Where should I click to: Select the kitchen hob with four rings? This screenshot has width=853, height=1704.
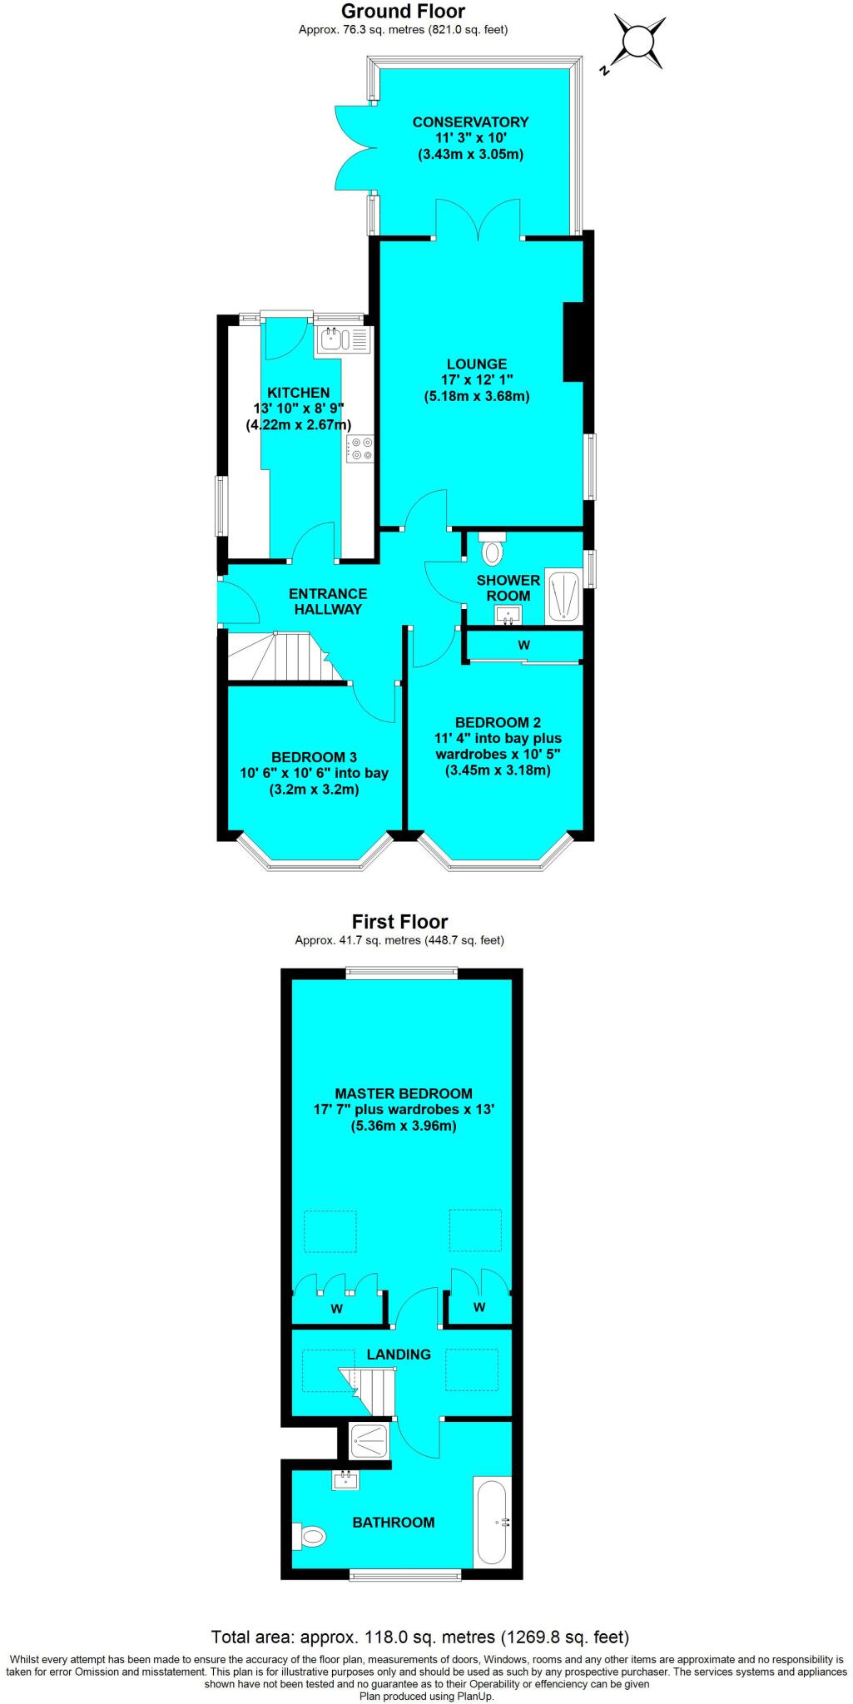361,448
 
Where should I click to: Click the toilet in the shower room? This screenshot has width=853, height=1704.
493,549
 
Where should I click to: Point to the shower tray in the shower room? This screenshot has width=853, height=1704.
563,596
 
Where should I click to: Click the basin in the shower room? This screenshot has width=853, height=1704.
508,615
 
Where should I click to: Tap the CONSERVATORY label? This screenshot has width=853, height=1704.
470,122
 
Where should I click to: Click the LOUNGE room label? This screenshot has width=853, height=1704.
477,364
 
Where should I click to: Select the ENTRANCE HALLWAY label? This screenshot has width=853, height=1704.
328,602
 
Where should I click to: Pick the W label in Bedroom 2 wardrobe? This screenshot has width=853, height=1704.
524,645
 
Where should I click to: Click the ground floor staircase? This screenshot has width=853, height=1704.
283,657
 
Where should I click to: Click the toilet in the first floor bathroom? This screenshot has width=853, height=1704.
309,1536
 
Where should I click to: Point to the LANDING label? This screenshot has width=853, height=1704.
399,1355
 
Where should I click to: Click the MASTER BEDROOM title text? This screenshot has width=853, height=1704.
404,1094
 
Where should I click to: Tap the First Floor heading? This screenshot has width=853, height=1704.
399,922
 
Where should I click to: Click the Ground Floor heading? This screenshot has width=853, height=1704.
404,12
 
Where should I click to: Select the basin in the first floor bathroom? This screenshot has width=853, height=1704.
346,1480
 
